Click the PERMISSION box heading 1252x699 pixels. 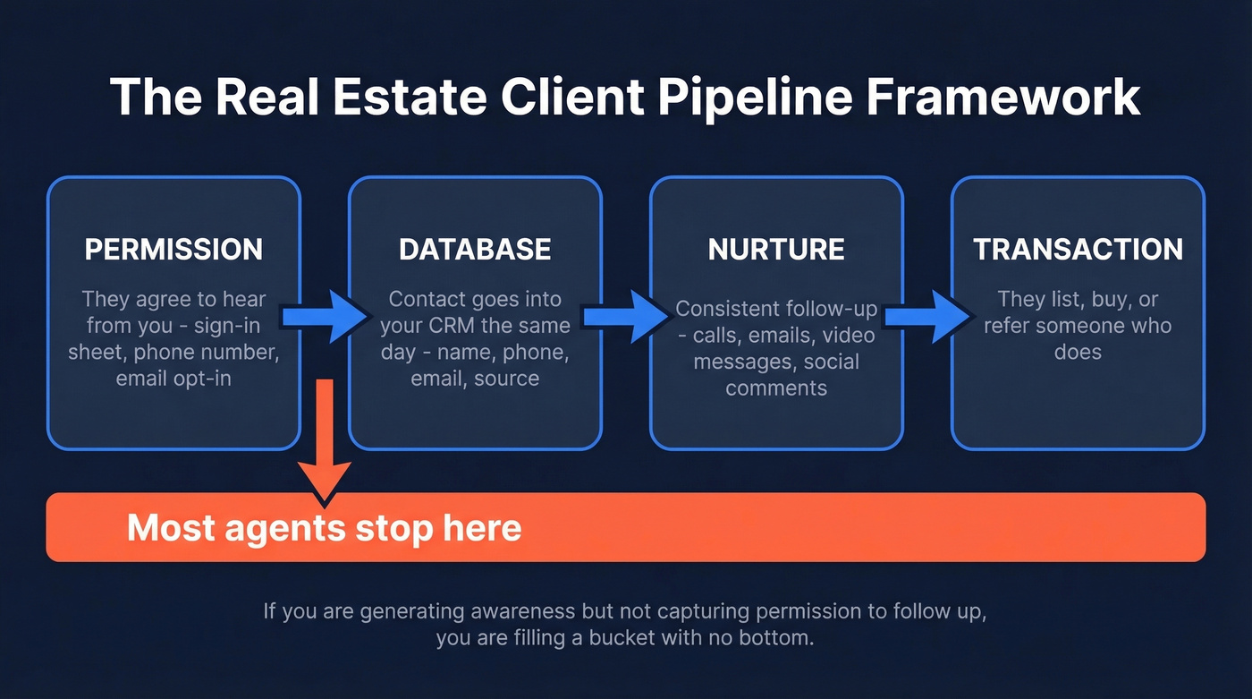click(x=173, y=249)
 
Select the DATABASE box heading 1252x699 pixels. click(x=475, y=249)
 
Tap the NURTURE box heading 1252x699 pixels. click(x=776, y=249)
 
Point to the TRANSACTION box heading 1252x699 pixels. click(x=1078, y=249)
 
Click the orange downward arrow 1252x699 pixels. click(x=325, y=439)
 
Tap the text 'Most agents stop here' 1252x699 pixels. click(x=324, y=528)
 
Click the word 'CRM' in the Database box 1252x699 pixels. click(x=452, y=325)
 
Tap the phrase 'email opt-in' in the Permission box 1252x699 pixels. click(x=173, y=379)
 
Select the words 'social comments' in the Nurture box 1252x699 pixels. click(x=776, y=375)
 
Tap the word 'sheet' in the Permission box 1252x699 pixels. click(x=96, y=352)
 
